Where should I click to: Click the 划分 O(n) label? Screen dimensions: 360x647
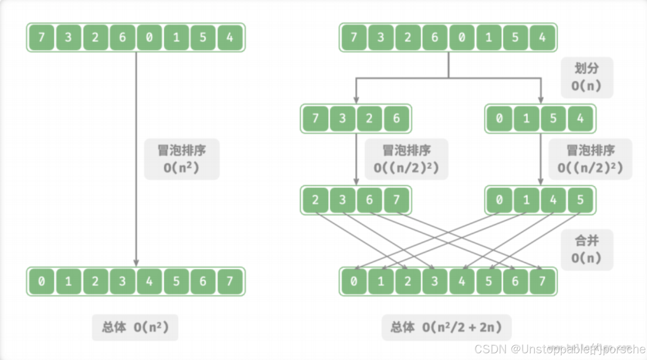tap(587, 77)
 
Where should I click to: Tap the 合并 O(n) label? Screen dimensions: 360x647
tap(587, 250)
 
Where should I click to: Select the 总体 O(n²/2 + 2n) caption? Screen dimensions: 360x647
tap(446, 327)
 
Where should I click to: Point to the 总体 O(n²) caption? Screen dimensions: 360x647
tap(135, 327)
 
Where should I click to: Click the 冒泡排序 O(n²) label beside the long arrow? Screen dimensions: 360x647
tap(181, 159)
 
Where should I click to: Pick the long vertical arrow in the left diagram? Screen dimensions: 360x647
tap(136, 158)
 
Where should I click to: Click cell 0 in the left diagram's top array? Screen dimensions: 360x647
tap(149, 38)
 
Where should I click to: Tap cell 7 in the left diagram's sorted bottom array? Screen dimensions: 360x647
tap(230, 281)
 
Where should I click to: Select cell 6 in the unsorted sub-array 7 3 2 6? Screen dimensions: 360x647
tap(396, 119)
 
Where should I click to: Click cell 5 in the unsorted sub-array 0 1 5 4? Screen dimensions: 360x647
tap(553, 119)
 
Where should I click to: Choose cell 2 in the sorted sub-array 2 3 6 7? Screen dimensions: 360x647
tap(315, 200)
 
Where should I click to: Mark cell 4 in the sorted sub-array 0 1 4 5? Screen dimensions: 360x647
tap(553, 200)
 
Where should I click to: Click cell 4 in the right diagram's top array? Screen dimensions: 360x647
tap(542, 38)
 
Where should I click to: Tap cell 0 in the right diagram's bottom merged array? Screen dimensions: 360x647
tap(353, 281)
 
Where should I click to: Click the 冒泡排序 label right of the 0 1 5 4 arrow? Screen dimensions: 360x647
tap(590, 159)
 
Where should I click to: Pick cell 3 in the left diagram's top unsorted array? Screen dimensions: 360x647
tap(68, 38)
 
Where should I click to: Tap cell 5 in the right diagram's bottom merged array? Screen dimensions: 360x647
tap(489, 281)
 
